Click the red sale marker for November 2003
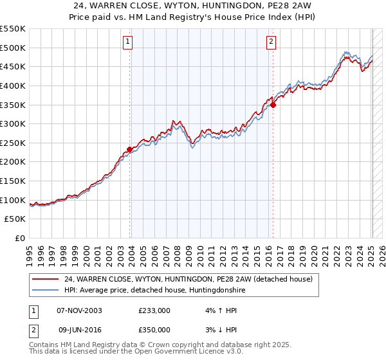(130, 149)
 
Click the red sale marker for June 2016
(273, 105)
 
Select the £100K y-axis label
(14, 200)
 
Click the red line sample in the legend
(45, 279)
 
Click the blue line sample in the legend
(45, 291)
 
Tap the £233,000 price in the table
(154, 310)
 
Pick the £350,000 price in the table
(154, 330)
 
